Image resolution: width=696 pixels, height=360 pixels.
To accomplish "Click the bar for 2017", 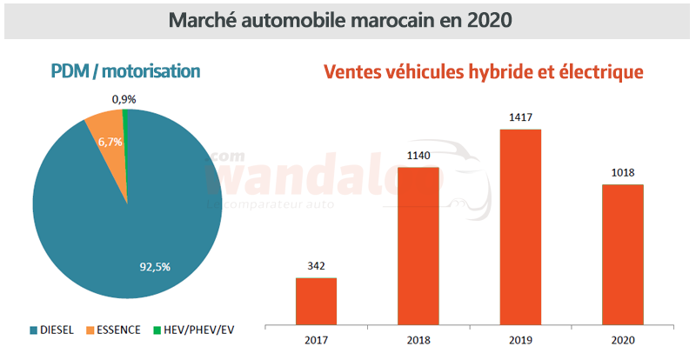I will [316, 300].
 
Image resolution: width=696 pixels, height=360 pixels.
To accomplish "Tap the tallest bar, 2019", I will [520, 226].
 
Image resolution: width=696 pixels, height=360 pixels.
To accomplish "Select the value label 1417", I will [520, 118].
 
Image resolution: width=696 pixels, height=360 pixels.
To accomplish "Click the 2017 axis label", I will [316, 341].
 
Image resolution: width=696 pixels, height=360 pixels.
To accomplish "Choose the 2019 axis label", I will [520, 341].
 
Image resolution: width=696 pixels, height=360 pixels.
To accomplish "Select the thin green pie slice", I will [125, 122].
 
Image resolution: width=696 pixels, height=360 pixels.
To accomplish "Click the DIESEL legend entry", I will [53, 330].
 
